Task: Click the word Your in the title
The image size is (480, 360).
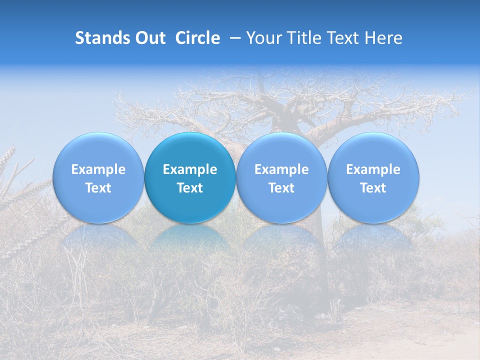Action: tap(262, 38)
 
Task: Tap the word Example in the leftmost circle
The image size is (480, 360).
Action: tap(98, 169)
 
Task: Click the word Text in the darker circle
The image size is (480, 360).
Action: tap(190, 188)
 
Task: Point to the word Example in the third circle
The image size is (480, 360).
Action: tap(281, 169)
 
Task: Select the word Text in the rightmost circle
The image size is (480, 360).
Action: tap(373, 188)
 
